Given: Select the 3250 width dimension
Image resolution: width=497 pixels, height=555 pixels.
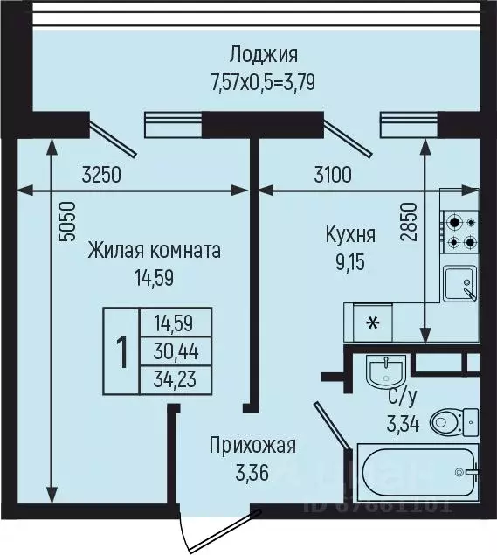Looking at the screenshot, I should [x=102, y=174].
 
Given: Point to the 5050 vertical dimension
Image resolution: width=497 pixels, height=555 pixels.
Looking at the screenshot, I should [x=69, y=222].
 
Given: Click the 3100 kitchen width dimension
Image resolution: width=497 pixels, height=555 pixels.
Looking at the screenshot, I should [x=332, y=174].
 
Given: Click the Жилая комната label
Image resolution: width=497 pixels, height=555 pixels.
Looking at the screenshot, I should [x=154, y=251].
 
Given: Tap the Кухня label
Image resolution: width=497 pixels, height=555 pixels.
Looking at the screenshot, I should [x=350, y=235].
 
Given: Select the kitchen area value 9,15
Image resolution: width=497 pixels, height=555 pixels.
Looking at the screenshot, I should [x=350, y=261].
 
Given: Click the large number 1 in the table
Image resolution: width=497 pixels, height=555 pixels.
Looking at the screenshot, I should [x=121, y=351].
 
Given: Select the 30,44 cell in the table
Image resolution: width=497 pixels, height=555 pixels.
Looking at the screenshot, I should [x=176, y=351].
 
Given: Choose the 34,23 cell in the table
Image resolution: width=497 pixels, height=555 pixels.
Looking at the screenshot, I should [x=176, y=379].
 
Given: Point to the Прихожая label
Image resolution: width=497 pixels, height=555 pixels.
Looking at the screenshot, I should [x=252, y=446].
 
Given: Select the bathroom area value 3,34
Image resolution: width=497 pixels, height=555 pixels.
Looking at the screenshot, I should [x=404, y=426].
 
